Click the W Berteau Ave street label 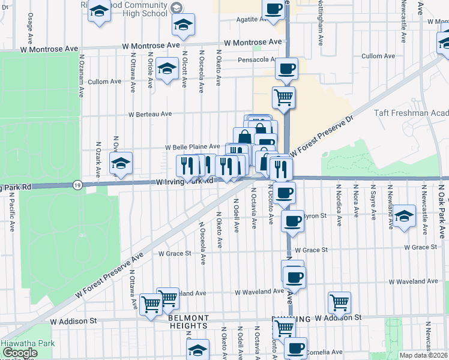click(x=150, y=113)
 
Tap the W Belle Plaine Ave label click(x=193, y=146)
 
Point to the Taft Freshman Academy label click(x=411, y=113)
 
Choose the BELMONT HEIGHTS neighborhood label click(x=188, y=322)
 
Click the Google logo click(x=20, y=353)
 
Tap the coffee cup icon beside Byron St click(x=292, y=220)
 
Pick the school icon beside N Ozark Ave click(x=121, y=163)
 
